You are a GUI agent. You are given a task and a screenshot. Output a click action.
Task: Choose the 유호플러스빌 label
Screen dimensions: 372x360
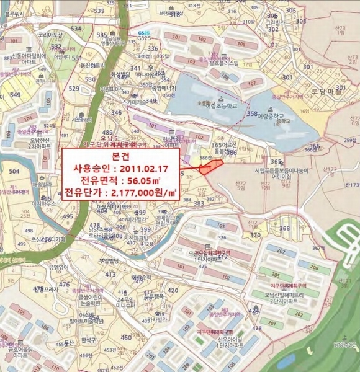[224, 63]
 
